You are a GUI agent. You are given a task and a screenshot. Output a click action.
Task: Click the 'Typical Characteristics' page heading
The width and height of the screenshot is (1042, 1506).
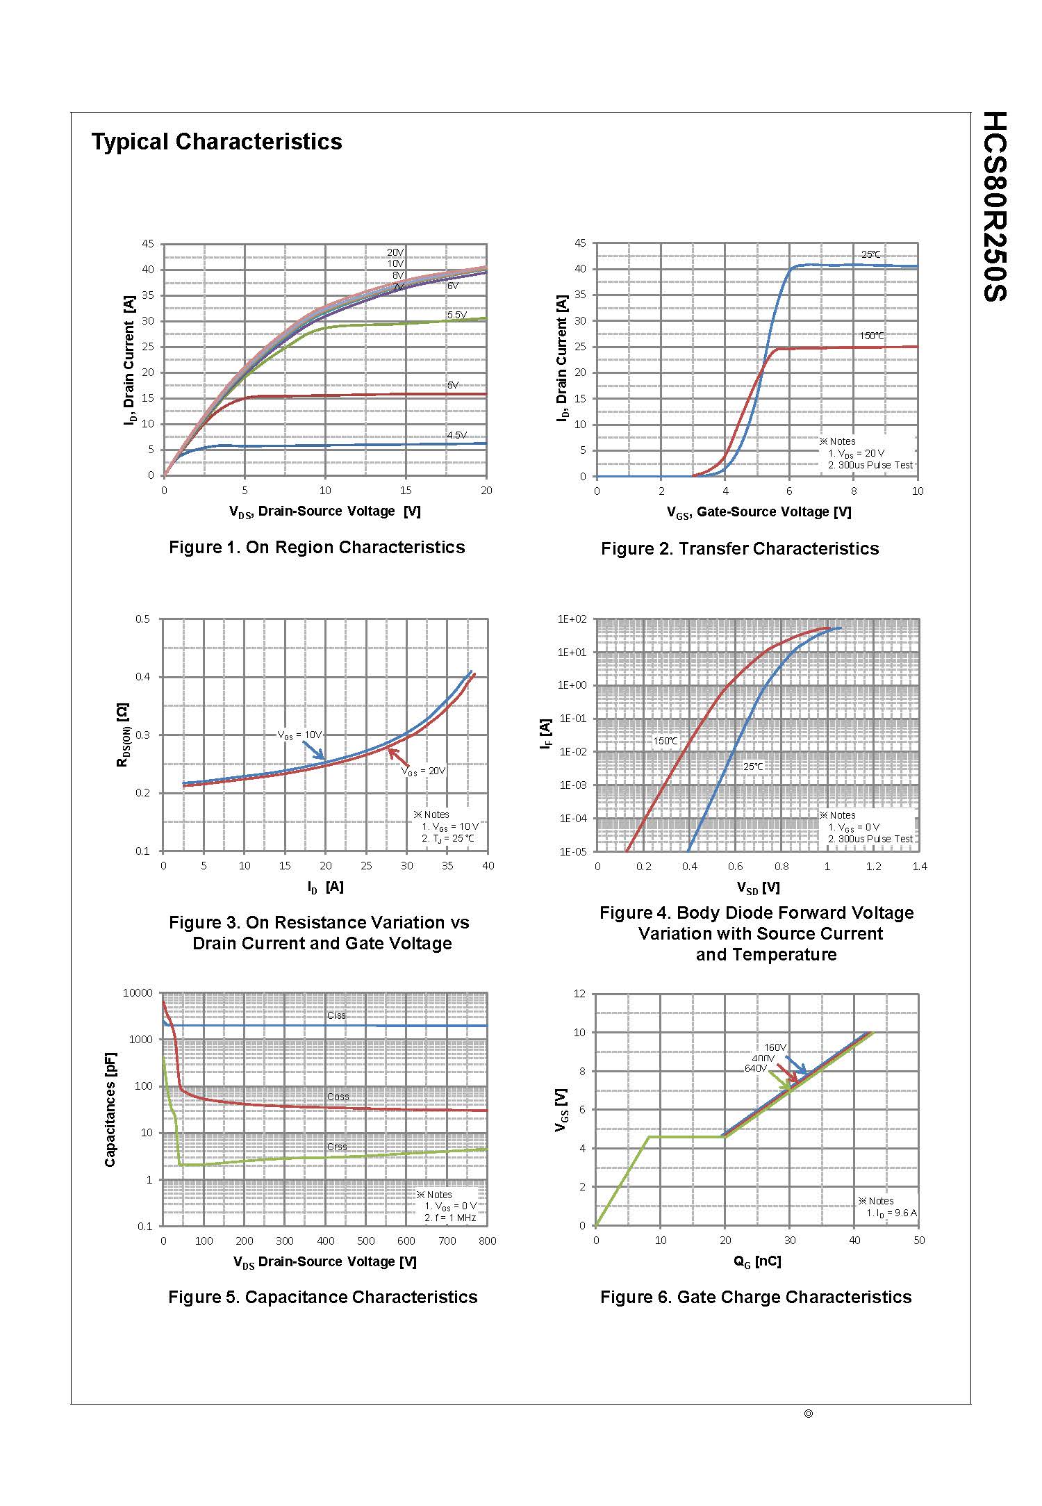[217, 142]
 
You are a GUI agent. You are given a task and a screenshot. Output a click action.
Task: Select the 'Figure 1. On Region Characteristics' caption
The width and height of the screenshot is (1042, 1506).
[317, 547]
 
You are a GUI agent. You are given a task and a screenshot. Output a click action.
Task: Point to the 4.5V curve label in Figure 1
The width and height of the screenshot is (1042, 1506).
[456, 435]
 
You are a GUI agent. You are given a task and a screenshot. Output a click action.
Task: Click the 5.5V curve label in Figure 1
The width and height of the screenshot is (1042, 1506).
[456, 315]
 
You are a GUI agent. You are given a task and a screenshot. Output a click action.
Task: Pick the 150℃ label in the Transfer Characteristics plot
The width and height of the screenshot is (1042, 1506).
[872, 336]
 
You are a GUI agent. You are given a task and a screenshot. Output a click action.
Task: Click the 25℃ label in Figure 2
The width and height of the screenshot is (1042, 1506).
[870, 254]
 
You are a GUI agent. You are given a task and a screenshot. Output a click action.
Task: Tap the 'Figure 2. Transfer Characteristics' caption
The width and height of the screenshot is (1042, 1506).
[740, 548]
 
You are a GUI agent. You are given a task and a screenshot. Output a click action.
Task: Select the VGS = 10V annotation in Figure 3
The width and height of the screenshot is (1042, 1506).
[300, 735]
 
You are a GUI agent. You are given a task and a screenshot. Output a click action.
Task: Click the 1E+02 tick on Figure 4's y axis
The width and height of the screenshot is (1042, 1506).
[573, 619]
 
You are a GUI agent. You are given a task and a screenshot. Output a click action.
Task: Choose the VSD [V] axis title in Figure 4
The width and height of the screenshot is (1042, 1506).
[758, 887]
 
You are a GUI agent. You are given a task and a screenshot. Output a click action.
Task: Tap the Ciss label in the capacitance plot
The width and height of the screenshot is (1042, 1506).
[336, 1015]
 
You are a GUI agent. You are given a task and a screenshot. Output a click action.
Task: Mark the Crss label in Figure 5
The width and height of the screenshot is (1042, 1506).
[337, 1147]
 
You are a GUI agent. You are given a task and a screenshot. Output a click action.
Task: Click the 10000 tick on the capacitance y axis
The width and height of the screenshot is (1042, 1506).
[137, 992]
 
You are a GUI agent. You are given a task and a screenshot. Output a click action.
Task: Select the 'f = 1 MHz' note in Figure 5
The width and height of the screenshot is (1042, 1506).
[450, 1218]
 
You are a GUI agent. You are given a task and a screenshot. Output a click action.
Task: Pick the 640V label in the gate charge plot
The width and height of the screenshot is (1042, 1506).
[756, 1068]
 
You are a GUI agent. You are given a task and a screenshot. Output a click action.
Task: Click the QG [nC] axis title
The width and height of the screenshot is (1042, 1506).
[757, 1261]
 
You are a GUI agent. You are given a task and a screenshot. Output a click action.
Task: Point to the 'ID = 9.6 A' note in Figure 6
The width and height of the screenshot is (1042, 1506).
[891, 1213]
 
